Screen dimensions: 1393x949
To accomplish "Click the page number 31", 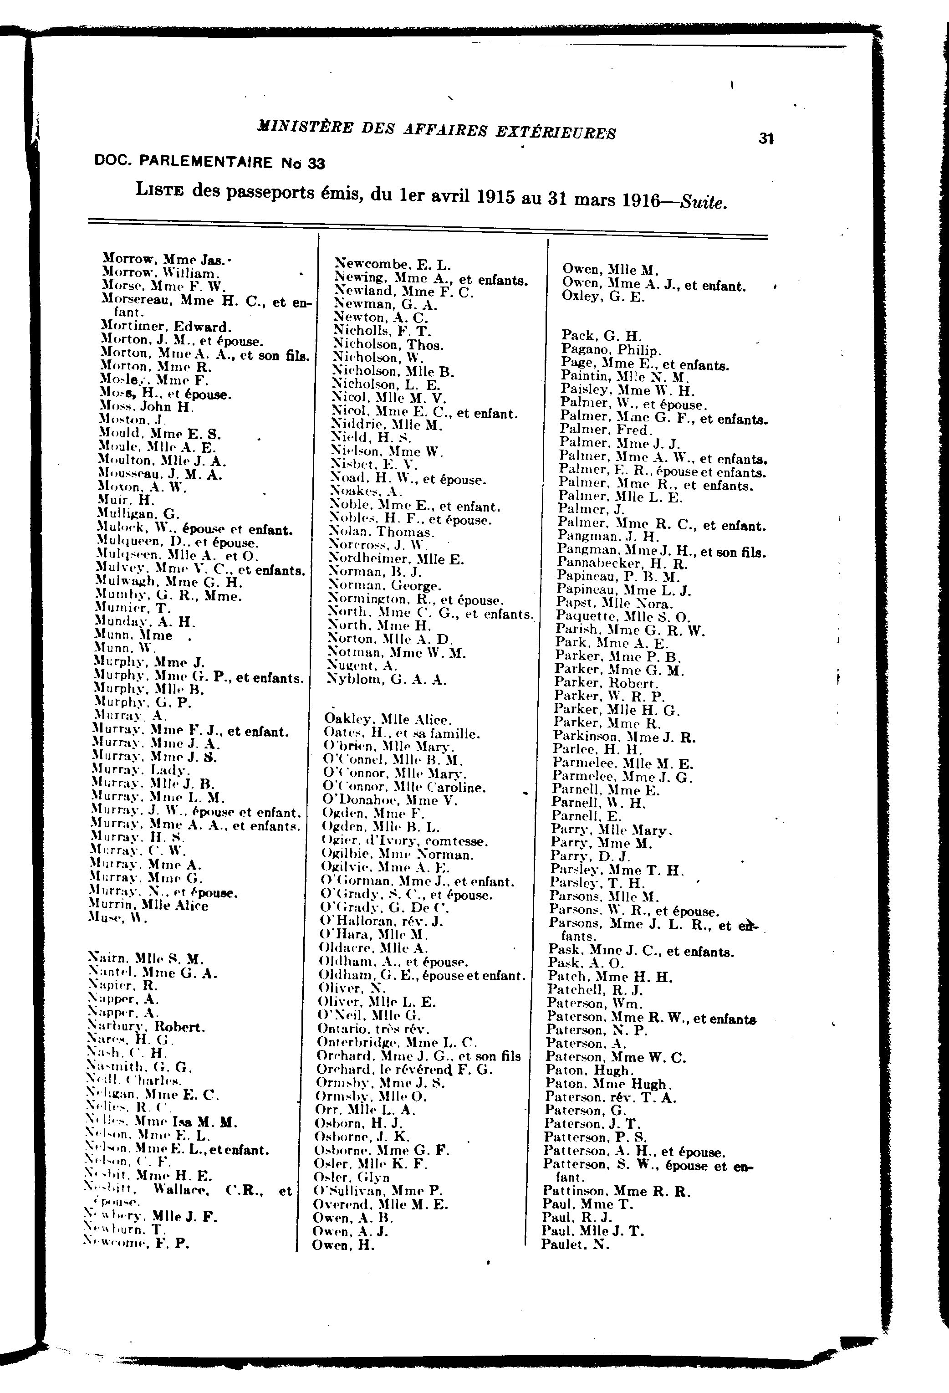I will point(765,138).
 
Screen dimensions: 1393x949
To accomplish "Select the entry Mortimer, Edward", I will point(165,327).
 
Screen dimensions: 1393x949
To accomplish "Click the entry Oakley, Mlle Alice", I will point(388,719).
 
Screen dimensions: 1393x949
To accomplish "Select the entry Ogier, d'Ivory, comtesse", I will point(405,841).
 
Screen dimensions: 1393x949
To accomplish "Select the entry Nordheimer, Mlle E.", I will point(397,559).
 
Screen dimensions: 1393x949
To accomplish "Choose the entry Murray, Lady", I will point(141,770).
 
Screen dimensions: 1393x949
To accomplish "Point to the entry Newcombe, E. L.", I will point(393,264).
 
